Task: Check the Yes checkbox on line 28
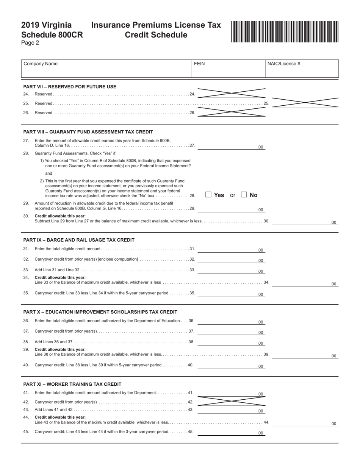208,195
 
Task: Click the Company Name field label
41,64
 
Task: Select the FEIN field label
199,64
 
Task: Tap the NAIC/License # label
283,64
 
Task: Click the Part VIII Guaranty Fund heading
88,132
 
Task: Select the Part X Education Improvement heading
100,312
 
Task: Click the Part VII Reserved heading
70,86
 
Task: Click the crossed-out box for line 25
305,102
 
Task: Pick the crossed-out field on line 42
232,401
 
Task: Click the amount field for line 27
231,146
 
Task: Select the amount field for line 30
305,221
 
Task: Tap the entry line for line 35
231,293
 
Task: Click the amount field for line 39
305,355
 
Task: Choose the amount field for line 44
305,423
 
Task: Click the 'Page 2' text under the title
30,43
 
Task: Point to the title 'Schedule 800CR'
52,35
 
